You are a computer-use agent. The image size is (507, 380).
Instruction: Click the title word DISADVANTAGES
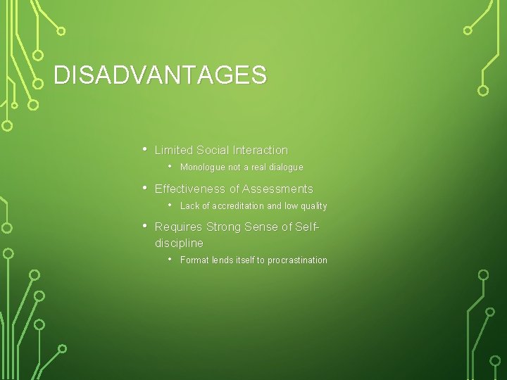click(x=160, y=75)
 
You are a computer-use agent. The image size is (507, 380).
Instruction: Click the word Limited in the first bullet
click(x=174, y=150)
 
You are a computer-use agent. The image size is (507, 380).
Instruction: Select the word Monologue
click(x=202, y=167)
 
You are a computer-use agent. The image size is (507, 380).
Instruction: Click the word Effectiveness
click(x=190, y=189)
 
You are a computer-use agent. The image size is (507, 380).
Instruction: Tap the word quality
click(x=313, y=206)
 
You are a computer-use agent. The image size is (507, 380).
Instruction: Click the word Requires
click(x=178, y=227)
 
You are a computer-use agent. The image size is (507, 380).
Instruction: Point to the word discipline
click(x=179, y=243)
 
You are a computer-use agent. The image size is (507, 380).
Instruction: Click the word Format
click(x=194, y=260)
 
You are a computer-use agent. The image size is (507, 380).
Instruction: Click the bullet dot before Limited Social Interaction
click(x=144, y=149)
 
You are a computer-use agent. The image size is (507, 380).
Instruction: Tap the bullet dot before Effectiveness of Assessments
click(x=144, y=188)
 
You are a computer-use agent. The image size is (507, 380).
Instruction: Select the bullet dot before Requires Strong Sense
click(x=144, y=226)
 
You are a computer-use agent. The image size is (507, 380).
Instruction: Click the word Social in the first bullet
click(x=212, y=150)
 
